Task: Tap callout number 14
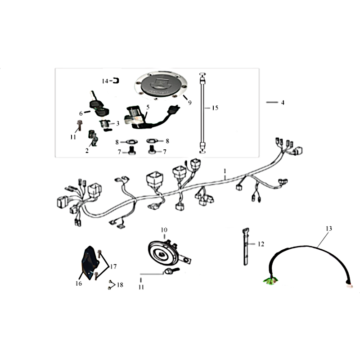click(x=105, y=81)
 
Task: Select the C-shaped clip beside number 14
click(x=116, y=81)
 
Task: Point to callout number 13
click(x=329, y=229)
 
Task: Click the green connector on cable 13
click(x=270, y=280)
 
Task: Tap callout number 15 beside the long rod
click(x=215, y=108)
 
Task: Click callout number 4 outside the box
click(x=283, y=103)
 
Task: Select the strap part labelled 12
click(x=246, y=246)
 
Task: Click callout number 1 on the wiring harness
click(x=225, y=171)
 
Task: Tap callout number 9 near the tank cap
click(x=189, y=103)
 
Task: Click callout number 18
click(x=120, y=285)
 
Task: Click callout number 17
click(x=113, y=266)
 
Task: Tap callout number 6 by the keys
click(x=81, y=113)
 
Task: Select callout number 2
click(x=87, y=151)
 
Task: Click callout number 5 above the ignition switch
click(x=148, y=107)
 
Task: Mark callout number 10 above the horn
click(x=164, y=230)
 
